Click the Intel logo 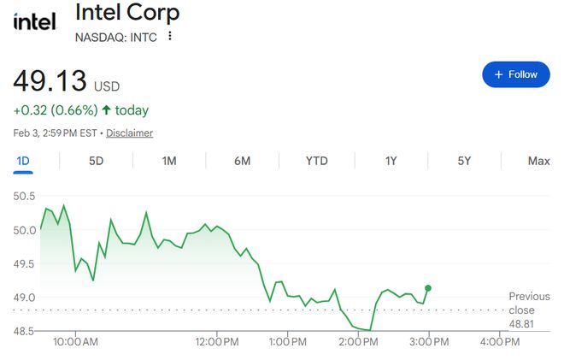34,21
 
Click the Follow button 515,74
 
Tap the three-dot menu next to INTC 170,36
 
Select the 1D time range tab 23,161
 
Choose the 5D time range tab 96,161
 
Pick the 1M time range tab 168,161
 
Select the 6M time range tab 243,161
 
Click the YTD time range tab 317,161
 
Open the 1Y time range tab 391,161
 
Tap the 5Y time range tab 464,161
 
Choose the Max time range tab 538,161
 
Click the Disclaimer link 130,133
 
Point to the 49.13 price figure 50,82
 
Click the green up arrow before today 106,110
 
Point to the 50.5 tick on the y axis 24,197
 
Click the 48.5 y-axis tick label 24,331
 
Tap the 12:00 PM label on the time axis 216,342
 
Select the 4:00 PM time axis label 500,342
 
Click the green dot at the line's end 428,288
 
